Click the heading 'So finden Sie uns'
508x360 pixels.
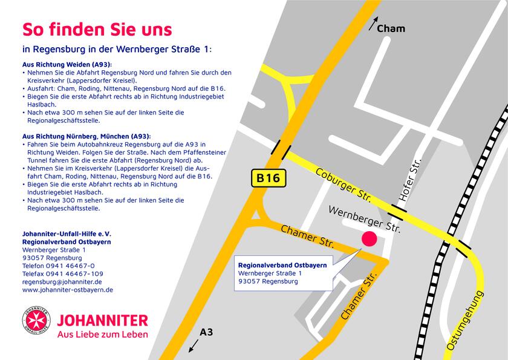click(97, 29)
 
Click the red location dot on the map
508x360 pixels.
click(369, 239)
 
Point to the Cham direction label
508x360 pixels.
click(391, 28)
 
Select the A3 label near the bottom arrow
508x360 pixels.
click(206, 332)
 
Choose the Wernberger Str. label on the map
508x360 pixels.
click(365, 219)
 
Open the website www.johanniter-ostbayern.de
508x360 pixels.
click(68, 290)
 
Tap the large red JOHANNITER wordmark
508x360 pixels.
click(102, 321)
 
